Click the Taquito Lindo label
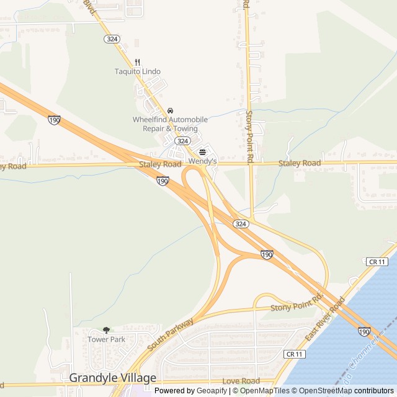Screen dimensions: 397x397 click(138, 71)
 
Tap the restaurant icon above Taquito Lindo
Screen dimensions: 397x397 click(138, 61)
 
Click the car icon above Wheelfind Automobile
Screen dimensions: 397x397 click(170, 110)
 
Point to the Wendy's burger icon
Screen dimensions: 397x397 click(202, 152)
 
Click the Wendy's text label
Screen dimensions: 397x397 click(202, 161)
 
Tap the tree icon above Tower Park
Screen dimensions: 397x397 click(106, 330)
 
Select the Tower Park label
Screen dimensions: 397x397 click(106, 339)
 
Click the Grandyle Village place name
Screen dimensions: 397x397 click(112, 377)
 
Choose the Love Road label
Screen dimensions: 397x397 click(241, 381)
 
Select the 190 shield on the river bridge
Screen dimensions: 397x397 click(365, 332)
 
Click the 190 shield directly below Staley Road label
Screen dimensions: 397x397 click(163, 181)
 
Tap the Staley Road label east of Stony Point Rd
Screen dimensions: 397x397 click(300, 163)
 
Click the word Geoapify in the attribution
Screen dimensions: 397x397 click(213, 391)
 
